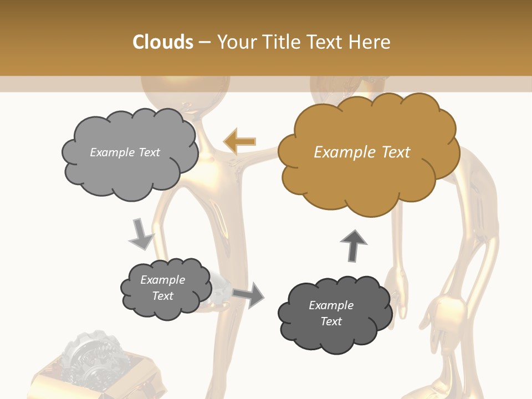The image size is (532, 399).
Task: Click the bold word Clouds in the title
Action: [x=163, y=42]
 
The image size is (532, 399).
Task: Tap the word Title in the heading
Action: [x=282, y=42]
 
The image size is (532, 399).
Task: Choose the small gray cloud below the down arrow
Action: [x=165, y=288]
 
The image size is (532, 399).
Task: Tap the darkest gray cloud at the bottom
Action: [x=334, y=314]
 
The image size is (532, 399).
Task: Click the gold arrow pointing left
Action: [x=239, y=142]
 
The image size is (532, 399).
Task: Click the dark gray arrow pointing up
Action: [x=354, y=245]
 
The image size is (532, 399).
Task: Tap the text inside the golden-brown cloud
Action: [x=362, y=152]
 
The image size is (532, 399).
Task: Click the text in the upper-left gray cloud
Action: [x=125, y=152]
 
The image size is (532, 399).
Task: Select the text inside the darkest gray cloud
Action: [x=331, y=313]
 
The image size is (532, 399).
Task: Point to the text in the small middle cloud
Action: [x=162, y=288]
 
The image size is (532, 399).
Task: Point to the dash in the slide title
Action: [x=204, y=43]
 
